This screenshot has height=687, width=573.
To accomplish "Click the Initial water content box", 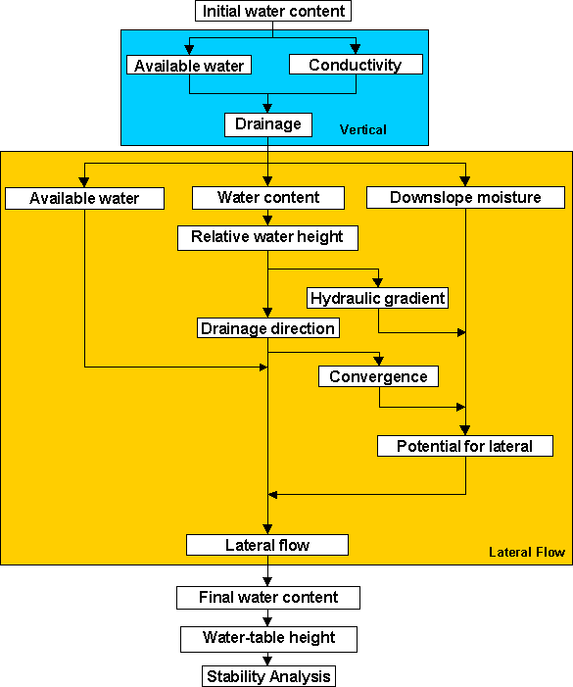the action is pyautogui.click(x=272, y=11).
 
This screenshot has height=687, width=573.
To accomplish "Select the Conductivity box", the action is pyautogui.click(x=356, y=65).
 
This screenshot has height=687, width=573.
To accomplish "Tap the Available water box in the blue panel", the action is pyautogui.click(x=189, y=65).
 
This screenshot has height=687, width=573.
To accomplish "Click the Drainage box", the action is pyautogui.click(x=268, y=124).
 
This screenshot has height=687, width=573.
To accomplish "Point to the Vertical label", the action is pyautogui.click(x=362, y=129).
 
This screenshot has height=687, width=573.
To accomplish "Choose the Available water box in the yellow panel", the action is pyautogui.click(x=84, y=199).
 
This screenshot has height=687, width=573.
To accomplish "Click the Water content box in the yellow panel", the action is pyautogui.click(x=268, y=198).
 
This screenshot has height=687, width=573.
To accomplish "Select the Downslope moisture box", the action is pyautogui.click(x=465, y=198).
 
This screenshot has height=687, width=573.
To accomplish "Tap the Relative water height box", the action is pyautogui.click(x=267, y=238).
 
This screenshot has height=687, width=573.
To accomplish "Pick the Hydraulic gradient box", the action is pyautogui.click(x=378, y=298).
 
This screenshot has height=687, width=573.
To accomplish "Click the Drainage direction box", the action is pyautogui.click(x=268, y=328).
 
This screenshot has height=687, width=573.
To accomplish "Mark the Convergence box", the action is pyautogui.click(x=378, y=376).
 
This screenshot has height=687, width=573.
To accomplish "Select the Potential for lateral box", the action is pyautogui.click(x=465, y=446).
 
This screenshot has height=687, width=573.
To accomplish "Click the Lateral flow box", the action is pyautogui.click(x=267, y=545).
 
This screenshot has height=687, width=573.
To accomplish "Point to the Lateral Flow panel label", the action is pyautogui.click(x=527, y=552).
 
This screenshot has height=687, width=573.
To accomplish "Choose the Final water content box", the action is pyautogui.click(x=268, y=598).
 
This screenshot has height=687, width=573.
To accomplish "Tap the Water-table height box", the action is pyautogui.click(x=268, y=639).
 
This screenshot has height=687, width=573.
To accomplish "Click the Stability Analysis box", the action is pyautogui.click(x=268, y=676).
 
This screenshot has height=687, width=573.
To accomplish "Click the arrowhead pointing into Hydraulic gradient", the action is pyautogui.click(x=378, y=283).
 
